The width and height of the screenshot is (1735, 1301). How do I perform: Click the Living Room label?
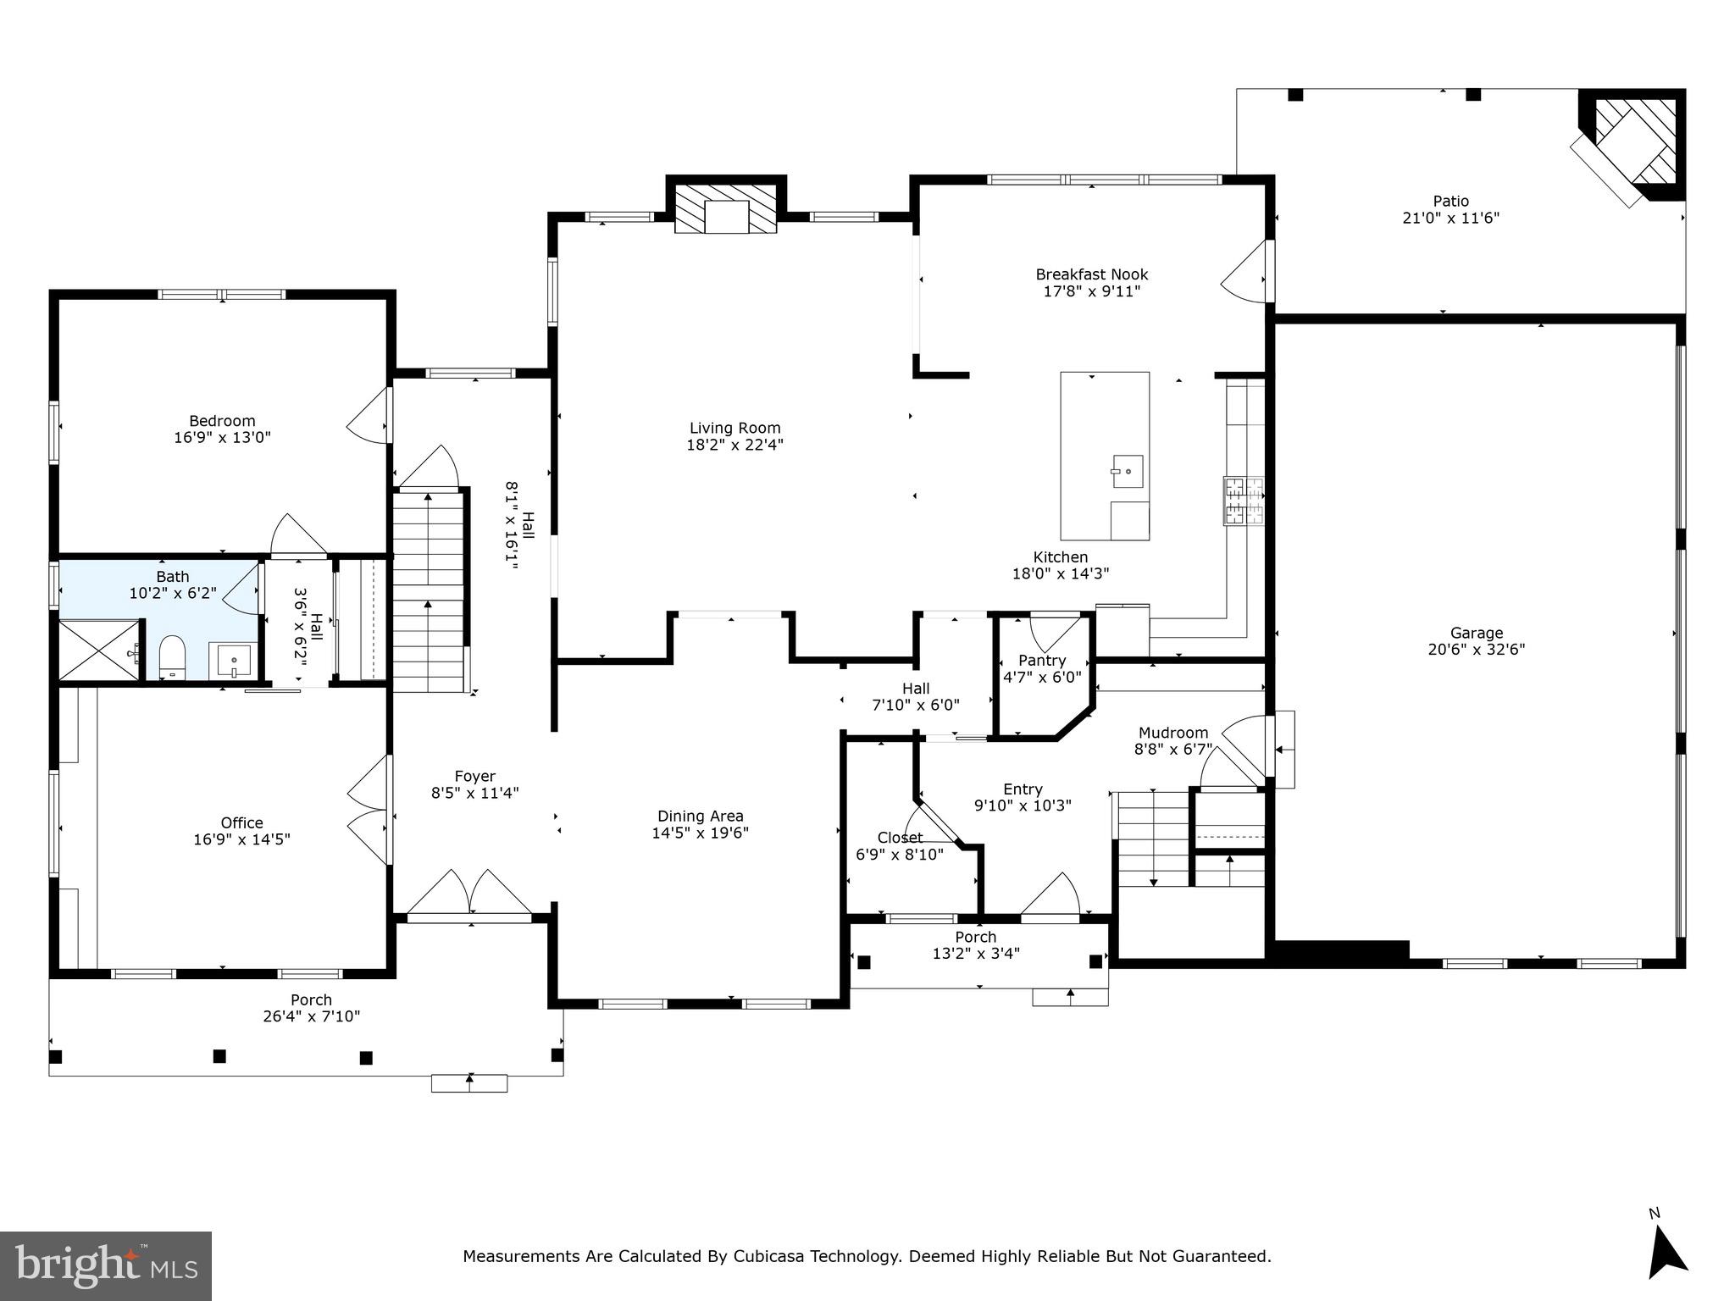pyautogui.click(x=734, y=429)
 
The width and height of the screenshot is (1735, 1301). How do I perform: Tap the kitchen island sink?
pyautogui.click(x=1128, y=472)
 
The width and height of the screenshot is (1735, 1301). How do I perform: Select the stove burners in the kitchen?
pyautogui.click(x=1243, y=501)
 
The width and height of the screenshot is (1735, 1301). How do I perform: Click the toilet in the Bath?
pyautogui.click(x=172, y=656)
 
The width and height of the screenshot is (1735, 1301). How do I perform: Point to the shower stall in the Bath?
pyautogui.click(x=99, y=650)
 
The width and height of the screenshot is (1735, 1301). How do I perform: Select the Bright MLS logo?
pyautogui.click(x=106, y=1265)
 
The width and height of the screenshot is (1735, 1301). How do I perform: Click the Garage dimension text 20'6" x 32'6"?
pyautogui.click(x=1476, y=650)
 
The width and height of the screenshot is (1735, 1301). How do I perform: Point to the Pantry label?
pyautogui.click(x=1042, y=661)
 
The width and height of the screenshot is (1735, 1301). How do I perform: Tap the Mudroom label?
pyautogui.click(x=1173, y=733)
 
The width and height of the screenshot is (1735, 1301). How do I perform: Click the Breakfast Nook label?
pyautogui.click(x=1091, y=274)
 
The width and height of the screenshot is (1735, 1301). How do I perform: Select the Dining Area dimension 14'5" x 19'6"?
pyautogui.click(x=700, y=833)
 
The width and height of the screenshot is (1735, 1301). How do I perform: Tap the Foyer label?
pyautogui.click(x=474, y=776)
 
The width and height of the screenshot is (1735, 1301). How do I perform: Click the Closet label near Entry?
pyautogui.click(x=900, y=838)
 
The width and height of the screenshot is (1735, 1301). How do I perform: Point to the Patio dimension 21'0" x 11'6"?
pyautogui.click(x=1450, y=218)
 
